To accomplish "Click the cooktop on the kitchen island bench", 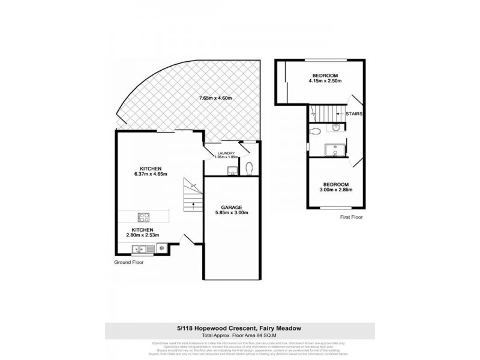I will (144, 217).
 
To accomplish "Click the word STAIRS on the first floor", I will (353, 112).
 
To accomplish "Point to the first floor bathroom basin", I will (336, 127).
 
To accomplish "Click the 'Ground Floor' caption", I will (129, 262).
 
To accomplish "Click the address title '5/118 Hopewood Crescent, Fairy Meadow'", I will (239, 327).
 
